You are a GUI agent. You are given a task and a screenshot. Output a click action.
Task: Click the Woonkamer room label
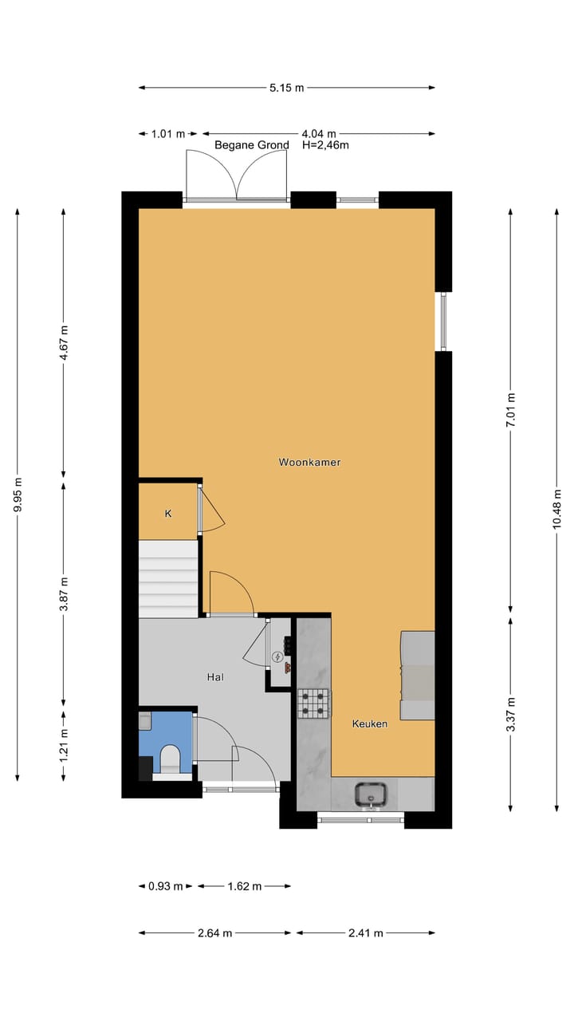point(309,462)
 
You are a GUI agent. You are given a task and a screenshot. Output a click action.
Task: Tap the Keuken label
point(370,723)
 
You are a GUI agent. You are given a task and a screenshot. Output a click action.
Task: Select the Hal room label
point(214,677)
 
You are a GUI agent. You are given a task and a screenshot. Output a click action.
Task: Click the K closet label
point(168,514)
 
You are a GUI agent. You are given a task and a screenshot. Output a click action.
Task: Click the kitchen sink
point(372,794)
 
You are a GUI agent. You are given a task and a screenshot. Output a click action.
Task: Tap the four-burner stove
point(314,704)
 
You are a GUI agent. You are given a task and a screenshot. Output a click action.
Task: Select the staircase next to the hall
point(168,578)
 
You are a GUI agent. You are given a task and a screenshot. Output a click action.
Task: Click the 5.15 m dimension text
point(286,88)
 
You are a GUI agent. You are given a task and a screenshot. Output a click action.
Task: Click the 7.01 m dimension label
point(511,410)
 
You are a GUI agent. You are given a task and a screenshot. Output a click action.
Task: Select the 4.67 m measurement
point(64,342)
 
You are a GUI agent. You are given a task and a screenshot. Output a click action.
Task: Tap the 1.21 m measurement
point(64,744)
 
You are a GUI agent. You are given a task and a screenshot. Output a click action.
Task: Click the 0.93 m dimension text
point(166,885)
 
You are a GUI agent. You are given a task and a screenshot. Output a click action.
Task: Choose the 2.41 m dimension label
point(365,932)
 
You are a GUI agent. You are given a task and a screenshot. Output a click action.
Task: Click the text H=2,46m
point(325,145)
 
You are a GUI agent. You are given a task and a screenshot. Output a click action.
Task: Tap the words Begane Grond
point(252,145)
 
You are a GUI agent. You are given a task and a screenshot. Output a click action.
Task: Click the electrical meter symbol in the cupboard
point(277,657)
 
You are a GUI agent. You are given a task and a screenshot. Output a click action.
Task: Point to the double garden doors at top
point(236,175)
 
